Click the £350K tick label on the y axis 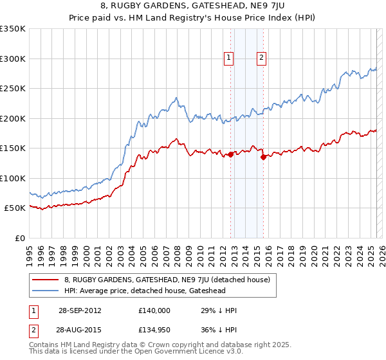(13, 29)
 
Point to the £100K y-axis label (13, 178)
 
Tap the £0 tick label (19, 238)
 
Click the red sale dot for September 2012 (230, 154)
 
